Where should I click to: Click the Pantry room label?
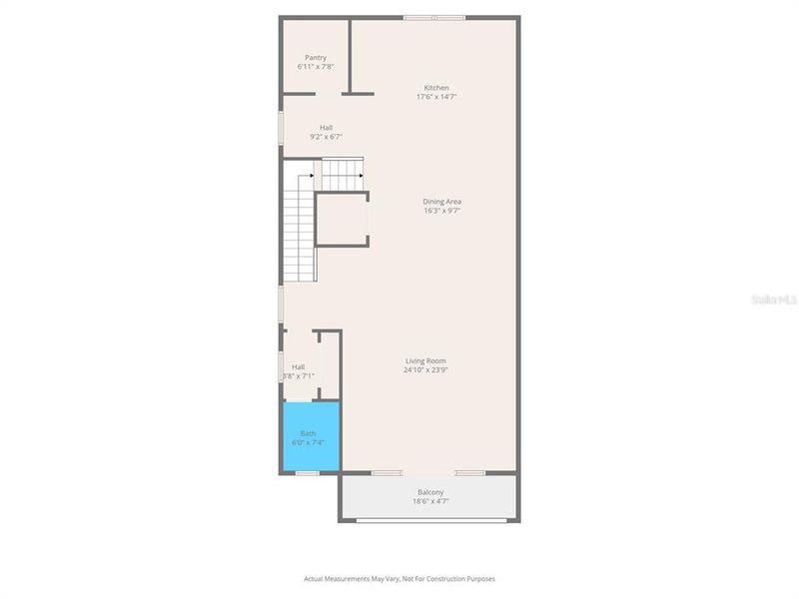(316, 58)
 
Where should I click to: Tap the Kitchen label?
(436, 88)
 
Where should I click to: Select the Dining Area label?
(441, 202)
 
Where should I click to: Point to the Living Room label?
(425, 360)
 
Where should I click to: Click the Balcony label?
(430, 492)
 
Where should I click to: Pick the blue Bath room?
(311, 439)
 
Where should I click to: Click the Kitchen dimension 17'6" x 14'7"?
(436, 97)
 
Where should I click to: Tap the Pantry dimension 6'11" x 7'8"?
(316, 67)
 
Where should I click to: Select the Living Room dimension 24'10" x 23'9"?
(425, 369)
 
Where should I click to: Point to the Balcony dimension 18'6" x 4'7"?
(430, 501)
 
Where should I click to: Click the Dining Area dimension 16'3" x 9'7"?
(441, 211)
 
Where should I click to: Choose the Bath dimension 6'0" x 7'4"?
(308, 442)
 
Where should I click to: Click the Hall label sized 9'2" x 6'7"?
(326, 128)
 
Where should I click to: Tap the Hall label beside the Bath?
(298, 367)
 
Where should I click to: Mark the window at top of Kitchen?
(433, 17)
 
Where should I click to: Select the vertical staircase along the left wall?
(299, 235)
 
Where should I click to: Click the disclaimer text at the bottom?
(399, 578)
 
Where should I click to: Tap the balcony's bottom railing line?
(429, 520)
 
